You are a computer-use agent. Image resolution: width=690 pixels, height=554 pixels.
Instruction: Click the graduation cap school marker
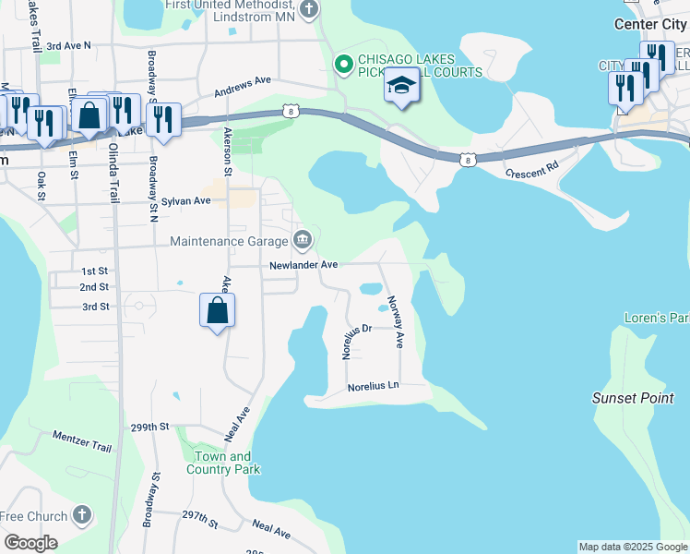coord(401,87)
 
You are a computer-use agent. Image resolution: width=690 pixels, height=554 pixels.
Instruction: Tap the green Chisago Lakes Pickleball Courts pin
coord(344,64)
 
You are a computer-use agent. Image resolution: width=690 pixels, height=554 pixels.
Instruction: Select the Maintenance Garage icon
coord(302,241)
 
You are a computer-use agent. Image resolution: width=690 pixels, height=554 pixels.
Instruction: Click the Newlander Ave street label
coord(303,265)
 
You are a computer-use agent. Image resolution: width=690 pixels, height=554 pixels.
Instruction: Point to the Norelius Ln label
coord(374,385)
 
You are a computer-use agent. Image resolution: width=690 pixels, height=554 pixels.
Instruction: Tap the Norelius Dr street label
coord(356,340)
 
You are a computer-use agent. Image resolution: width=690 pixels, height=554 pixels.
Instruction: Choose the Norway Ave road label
coord(395,321)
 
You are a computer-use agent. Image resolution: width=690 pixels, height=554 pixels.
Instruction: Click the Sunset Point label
coord(633,398)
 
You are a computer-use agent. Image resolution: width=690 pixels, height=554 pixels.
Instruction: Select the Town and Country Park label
coord(223,463)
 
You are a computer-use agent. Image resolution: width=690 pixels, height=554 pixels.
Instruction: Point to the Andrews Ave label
coord(242,87)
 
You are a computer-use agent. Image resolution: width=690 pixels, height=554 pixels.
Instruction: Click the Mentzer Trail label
coord(82,440)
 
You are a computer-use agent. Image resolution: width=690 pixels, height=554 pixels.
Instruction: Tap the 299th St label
coord(150,428)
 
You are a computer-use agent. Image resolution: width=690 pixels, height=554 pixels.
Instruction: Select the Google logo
coord(30,542)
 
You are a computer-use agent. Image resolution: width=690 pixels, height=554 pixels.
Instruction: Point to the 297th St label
coord(199,518)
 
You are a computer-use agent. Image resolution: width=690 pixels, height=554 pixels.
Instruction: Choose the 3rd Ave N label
coord(69,44)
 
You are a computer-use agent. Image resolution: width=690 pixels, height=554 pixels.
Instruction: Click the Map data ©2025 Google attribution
coord(633,547)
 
